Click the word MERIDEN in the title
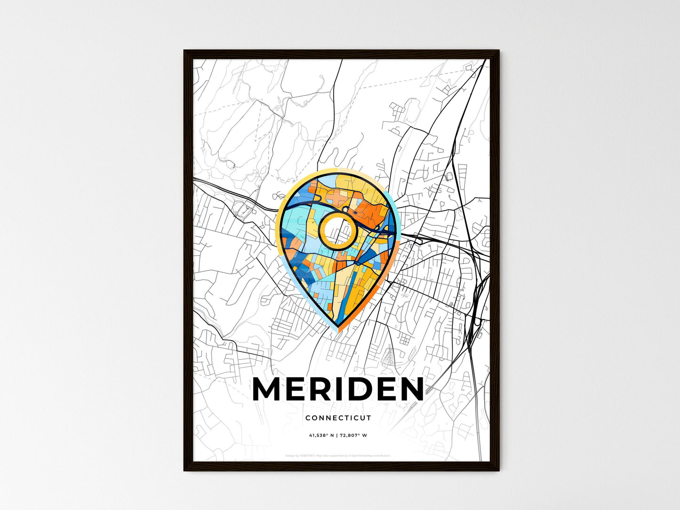338,390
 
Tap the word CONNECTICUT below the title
338,418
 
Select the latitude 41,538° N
321,435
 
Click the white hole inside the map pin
336,230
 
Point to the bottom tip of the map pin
337,327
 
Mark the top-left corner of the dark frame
184,51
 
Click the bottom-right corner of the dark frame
499,470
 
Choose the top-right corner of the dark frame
499,51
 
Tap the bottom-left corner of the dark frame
184,470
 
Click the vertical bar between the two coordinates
337,435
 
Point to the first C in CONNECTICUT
308,418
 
